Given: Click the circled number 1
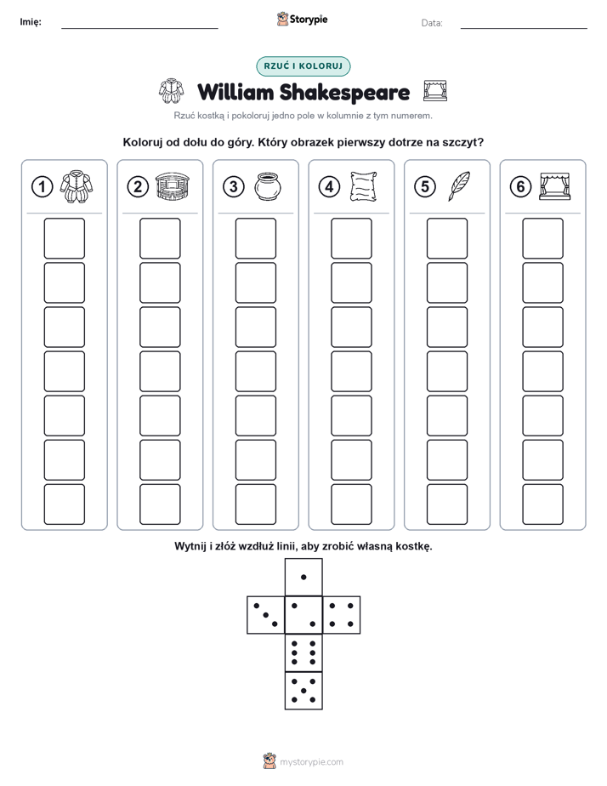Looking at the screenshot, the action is point(42,187).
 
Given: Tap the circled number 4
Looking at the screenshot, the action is point(329,187).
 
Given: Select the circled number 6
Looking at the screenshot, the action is point(520,187).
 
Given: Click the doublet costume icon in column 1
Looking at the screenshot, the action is point(77,186).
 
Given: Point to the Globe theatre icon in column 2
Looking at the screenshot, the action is point(173,186).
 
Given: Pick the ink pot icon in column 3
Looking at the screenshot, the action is point(268,186).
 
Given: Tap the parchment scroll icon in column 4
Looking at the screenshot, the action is point(364,186).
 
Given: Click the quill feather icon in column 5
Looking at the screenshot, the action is point(459,186).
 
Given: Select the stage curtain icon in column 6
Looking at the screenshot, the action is point(555,186).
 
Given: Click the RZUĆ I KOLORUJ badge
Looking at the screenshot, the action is point(303,66).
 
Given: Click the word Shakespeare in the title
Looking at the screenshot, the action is point(344,92).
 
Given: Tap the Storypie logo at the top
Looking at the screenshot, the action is point(302,20).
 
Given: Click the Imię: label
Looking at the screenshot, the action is point(31,22).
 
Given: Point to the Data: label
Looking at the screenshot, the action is point(432,23).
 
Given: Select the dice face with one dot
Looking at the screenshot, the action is point(303,578).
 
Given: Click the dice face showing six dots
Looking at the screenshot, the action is point(303,652).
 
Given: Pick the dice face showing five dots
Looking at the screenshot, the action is point(303,690).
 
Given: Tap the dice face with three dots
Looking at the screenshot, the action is point(266,615).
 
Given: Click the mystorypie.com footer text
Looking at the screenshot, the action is point(311,762).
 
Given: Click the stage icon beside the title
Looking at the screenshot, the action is point(434,91).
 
